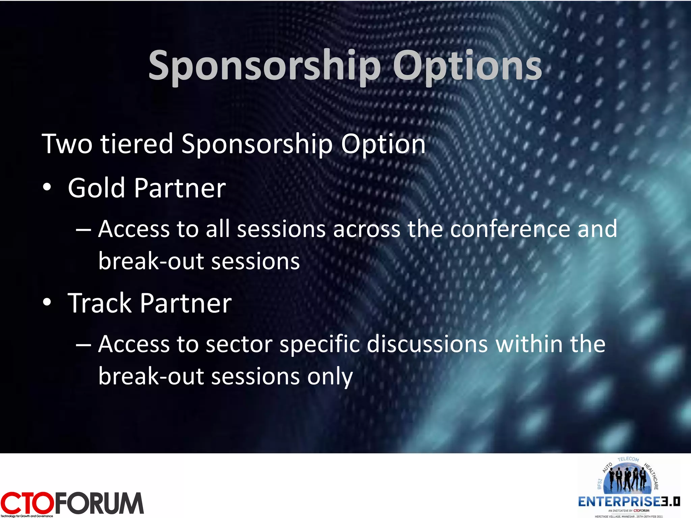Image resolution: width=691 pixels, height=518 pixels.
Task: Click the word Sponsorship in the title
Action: pyautogui.click(x=265, y=66)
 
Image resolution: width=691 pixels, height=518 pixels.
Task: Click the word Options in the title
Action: pyautogui.click(x=467, y=66)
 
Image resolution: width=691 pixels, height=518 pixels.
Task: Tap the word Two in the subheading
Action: pyautogui.click(x=67, y=144)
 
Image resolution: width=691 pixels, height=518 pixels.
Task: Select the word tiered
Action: pyautogui.click(x=137, y=144)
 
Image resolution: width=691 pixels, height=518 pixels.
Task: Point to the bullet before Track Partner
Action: pyautogui.click(x=47, y=303)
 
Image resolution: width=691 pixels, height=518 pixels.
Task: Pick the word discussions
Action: pyautogui.click(x=427, y=345)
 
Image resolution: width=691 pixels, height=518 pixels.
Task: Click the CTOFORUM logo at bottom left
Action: pyautogui.click(x=72, y=503)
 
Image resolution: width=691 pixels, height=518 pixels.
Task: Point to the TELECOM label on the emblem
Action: pyautogui.click(x=628, y=459)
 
